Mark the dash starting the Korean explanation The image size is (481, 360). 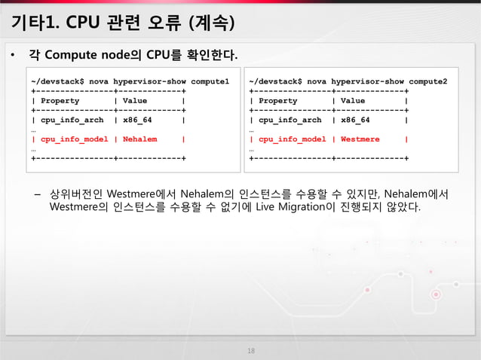point(36,194)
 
